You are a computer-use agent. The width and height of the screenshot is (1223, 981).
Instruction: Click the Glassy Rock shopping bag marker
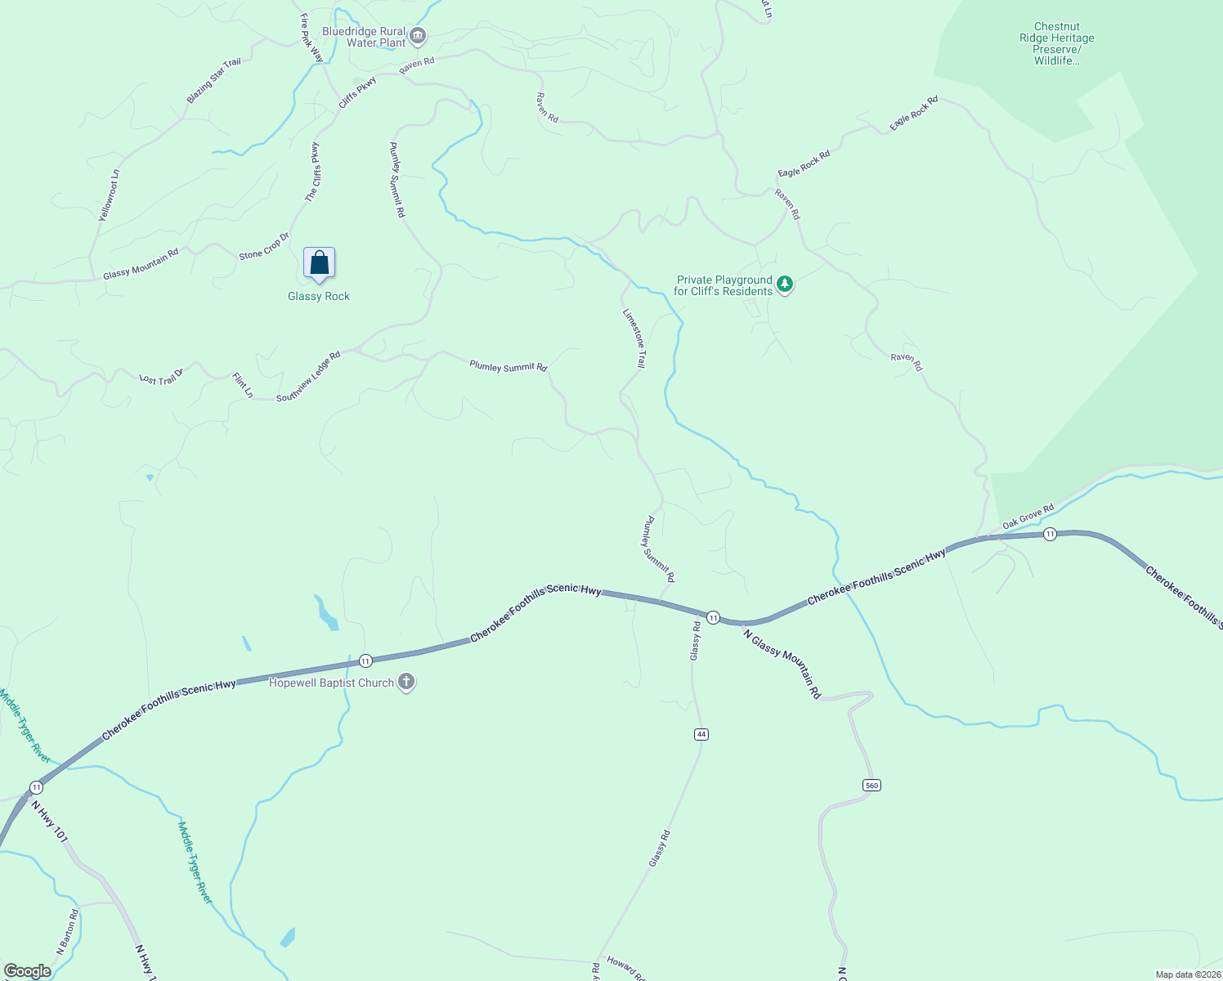pos(319,263)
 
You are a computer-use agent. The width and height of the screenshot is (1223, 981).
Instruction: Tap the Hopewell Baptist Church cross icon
pos(405,683)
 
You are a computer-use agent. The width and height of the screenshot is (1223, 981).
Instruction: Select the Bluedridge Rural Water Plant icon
pos(418,36)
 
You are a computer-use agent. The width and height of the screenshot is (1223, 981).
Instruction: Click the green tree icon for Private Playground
pos(785,284)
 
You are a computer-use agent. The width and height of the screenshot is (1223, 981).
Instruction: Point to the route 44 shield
pos(701,734)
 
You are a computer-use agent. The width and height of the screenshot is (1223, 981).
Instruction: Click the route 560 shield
pos(871,785)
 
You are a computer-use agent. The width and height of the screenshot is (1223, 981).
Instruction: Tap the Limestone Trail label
pos(634,338)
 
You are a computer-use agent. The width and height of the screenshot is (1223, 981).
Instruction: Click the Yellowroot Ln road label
pos(109,195)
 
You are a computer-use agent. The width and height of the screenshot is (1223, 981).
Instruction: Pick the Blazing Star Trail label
pos(213,80)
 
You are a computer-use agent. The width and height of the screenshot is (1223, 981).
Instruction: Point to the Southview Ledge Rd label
pos(308,377)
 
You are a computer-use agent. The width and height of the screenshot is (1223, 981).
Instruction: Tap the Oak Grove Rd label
pos(1028,517)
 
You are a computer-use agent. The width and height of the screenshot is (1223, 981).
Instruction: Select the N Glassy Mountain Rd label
pos(782,662)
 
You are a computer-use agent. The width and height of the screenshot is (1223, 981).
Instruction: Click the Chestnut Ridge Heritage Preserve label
pos(1056,43)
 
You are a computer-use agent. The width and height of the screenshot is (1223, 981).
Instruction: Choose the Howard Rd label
pos(625,967)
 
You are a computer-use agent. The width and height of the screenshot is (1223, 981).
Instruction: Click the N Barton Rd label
pos(67,933)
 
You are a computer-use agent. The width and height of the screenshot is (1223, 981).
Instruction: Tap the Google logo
pos(27,971)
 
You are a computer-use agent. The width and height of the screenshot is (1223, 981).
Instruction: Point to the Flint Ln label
pos(243,385)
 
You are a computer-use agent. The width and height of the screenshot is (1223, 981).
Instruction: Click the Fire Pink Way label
pos(311,38)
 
